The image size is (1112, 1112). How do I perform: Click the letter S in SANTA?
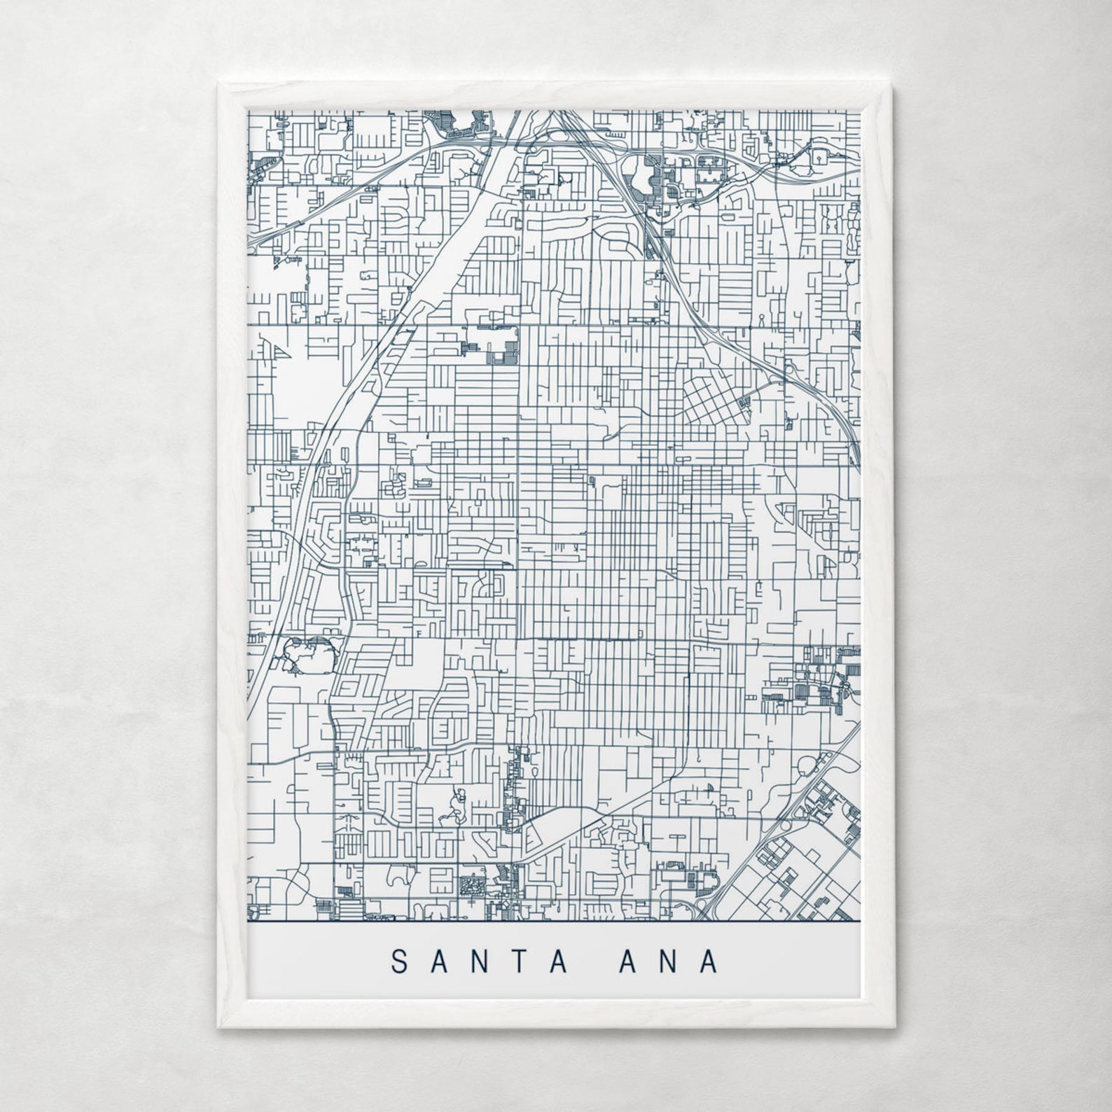pos(399,961)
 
